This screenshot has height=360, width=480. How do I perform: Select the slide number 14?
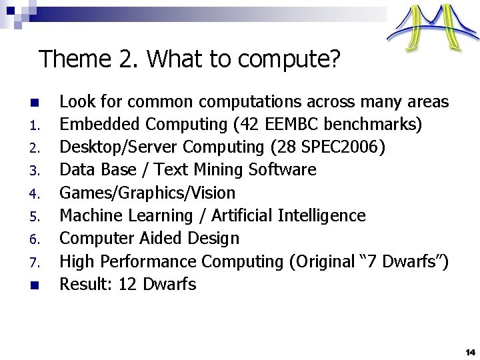tap(470, 351)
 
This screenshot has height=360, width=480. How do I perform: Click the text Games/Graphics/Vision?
tap(147, 193)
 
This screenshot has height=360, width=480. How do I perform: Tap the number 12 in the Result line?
tap(127, 284)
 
